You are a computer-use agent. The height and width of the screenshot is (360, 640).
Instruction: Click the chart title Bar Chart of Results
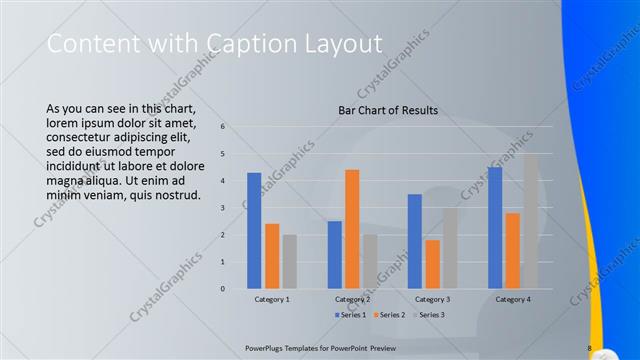(x=388, y=110)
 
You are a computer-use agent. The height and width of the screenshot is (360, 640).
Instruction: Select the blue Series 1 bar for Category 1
(x=254, y=230)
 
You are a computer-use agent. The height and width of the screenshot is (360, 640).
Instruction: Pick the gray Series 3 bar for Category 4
(x=530, y=221)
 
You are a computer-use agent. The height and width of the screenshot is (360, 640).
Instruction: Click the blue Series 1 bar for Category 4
(x=494, y=227)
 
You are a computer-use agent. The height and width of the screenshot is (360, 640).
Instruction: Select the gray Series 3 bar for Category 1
(x=289, y=261)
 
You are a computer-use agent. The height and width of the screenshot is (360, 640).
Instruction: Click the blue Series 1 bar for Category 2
(x=334, y=254)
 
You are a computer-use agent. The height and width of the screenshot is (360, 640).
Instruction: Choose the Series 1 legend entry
(x=349, y=315)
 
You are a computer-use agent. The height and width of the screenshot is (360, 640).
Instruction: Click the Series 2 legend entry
(x=389, y=315)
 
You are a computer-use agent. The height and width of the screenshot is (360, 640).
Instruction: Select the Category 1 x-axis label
(x=272, y=299)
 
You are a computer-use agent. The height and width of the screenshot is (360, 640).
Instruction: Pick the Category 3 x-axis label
(x=432, y=299)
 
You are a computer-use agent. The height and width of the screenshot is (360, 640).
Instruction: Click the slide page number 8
(x=589, y=348)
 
